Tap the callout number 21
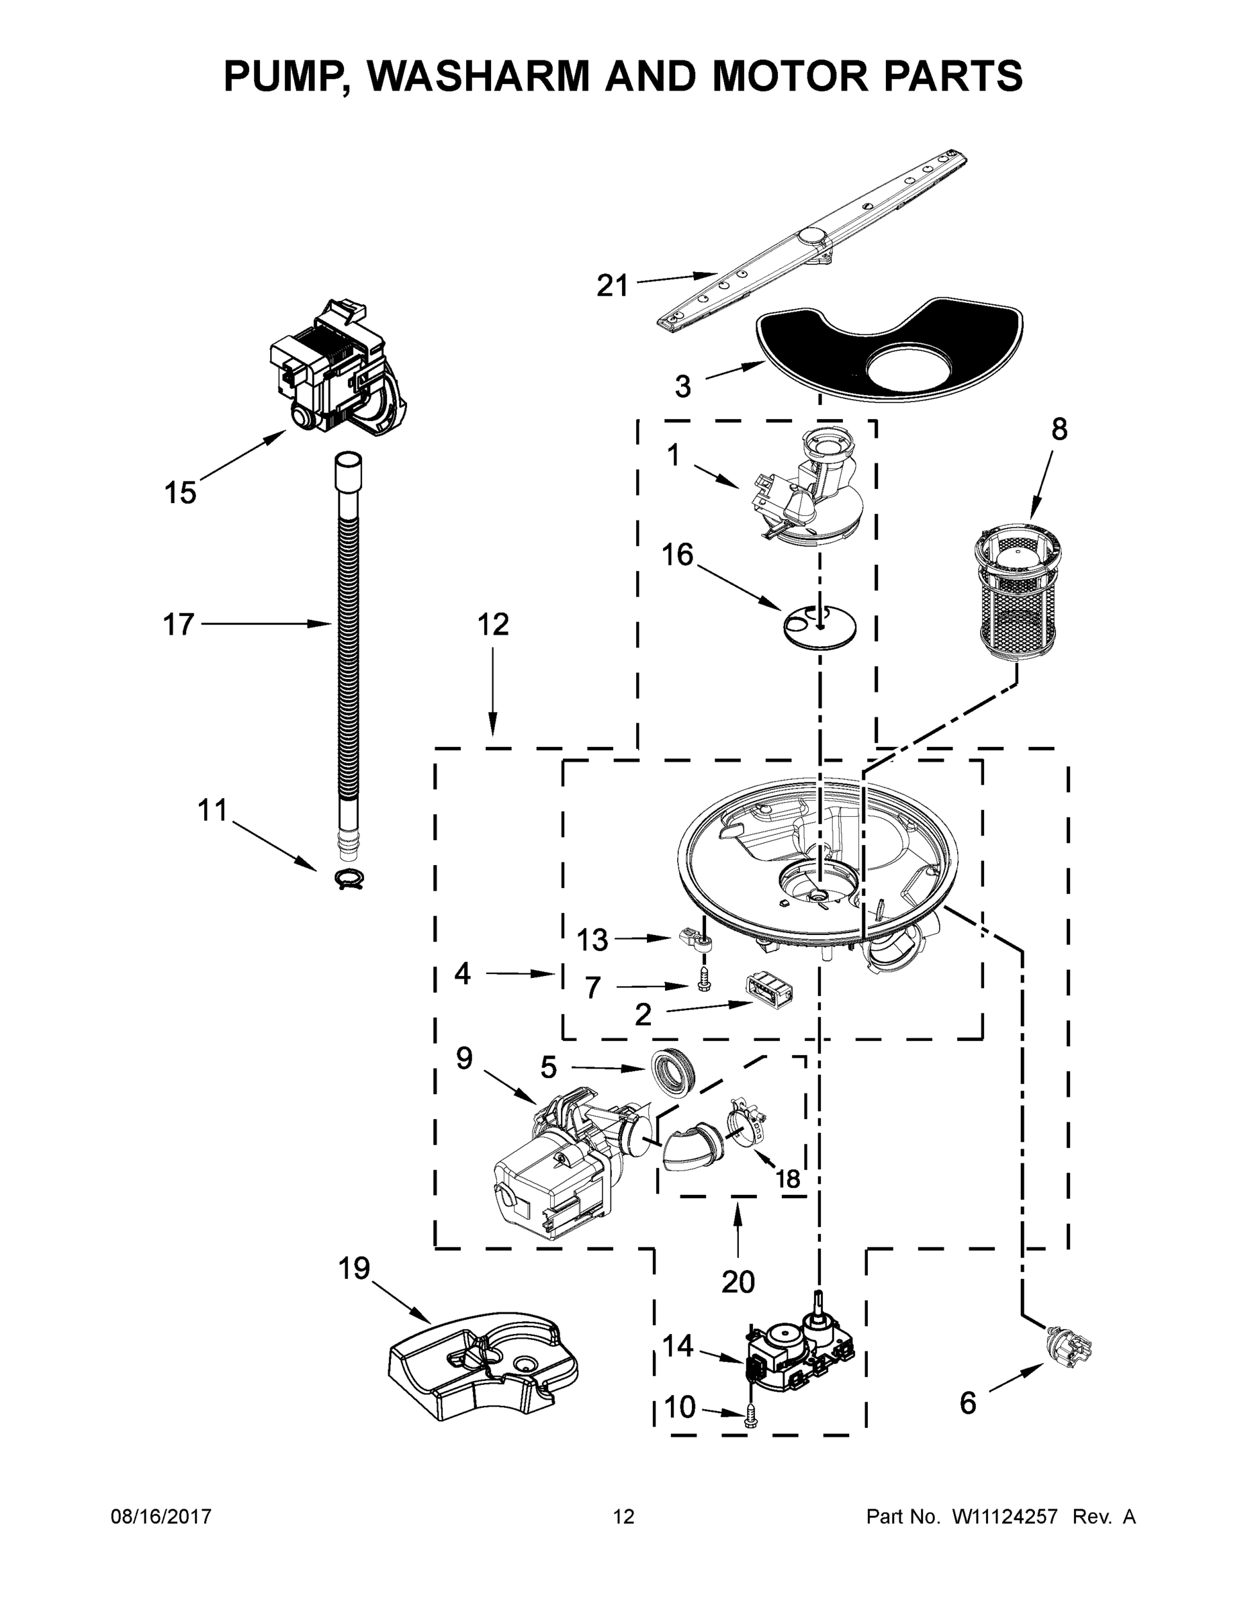(x=612, y=285)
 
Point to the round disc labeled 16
(x=820, y=627)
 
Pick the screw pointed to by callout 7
(x=704, y=979)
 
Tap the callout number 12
(x=493, y=625)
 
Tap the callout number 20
(x=738, y=1282)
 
